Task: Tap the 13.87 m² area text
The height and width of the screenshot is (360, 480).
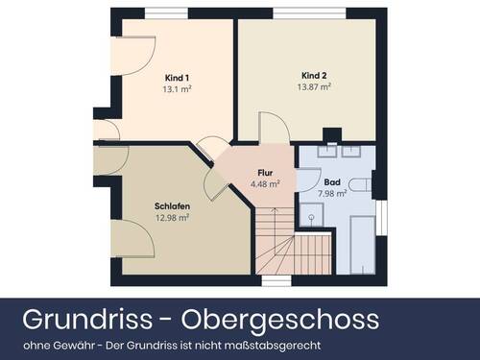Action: point(314,85)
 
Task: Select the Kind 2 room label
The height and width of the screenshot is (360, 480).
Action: point(314,75)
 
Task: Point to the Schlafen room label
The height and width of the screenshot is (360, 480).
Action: point(171,206)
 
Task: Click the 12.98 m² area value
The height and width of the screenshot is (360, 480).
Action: point(171,217)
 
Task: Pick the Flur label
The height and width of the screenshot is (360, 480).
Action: point(265,174)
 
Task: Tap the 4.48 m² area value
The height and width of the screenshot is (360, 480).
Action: point(265,183)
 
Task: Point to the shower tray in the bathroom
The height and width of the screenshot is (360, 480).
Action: point(311,217)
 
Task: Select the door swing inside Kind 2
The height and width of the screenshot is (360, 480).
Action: point(271,127)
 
